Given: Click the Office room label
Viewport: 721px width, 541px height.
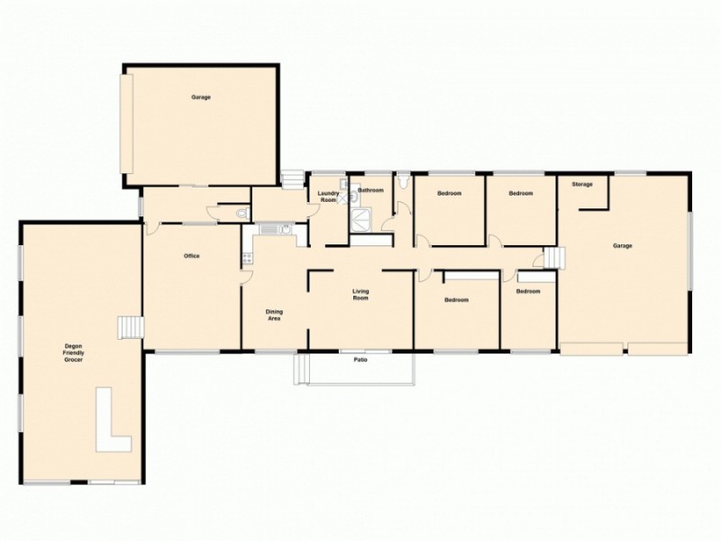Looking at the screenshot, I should (191, 256).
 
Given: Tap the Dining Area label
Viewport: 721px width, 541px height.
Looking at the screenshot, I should (274, 316).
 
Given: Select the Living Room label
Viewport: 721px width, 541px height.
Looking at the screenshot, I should (360, 294).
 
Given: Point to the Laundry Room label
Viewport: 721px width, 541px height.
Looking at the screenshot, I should (326, 196).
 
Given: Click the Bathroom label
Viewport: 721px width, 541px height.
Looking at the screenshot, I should (371, 191).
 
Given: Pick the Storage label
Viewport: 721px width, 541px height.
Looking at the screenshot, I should (582, 184).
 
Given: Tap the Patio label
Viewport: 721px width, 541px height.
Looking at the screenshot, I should (359, 359).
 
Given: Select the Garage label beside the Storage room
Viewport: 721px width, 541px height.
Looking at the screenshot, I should (622, 246).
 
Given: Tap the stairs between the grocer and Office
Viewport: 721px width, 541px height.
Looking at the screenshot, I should (132, 327).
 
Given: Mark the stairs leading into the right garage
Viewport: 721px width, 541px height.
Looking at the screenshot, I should (552, 261).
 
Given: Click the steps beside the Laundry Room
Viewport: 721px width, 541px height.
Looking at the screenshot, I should (293, 179).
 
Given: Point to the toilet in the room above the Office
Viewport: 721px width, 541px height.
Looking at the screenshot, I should (242, 214).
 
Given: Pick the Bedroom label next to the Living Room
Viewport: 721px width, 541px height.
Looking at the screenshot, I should (456, 299).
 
